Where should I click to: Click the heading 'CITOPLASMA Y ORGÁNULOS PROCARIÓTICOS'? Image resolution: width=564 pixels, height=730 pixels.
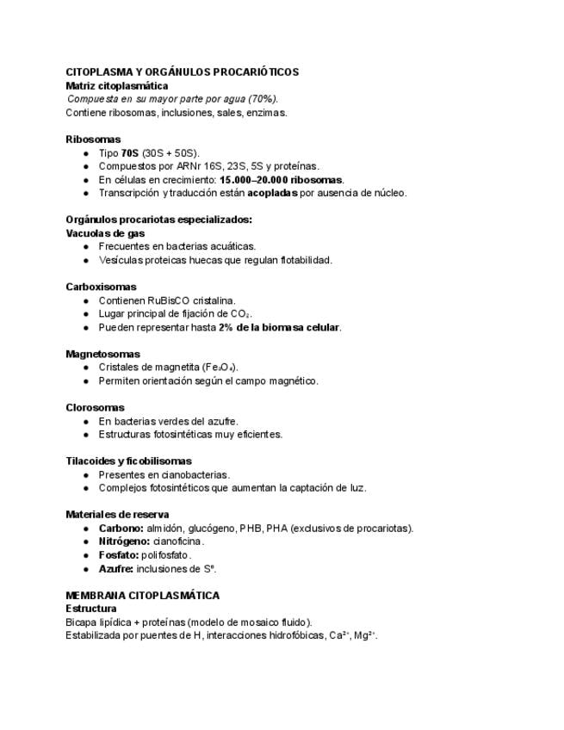tap(182, 72)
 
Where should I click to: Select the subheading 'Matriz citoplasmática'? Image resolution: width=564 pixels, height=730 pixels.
tap(116, 85)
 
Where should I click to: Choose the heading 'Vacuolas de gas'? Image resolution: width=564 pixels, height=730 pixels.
tap(105, 233)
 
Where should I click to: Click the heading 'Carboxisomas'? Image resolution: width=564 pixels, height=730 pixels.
tap(101, 287)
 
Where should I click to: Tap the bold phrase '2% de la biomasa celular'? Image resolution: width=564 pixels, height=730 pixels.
tap(279, 327)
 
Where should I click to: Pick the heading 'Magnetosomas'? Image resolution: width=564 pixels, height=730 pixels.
tap(102, 354)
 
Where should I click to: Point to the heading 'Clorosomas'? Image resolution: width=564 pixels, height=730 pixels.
tap(95, 407)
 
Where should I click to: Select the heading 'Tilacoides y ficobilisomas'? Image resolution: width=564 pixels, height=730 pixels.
tap(128, 461)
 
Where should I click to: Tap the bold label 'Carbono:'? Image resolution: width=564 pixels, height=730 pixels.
tap(121, 528)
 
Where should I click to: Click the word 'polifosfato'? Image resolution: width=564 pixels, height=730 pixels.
tap(165, 555)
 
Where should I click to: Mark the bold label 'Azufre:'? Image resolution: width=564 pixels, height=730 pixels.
tap(115, 569)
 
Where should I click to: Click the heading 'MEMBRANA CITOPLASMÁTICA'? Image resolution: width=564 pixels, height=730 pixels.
tap(142, 595)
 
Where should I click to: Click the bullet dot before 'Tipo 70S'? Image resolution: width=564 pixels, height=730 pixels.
tap(86, 152)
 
